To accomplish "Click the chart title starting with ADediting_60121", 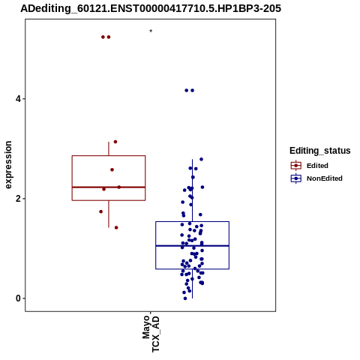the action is click(151, 8).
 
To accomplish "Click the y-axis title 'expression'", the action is click(8, 165).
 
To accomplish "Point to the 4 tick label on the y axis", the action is click(18, 99).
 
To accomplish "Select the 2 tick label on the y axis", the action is click(18, 199).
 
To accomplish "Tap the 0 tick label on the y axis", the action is click(18, 298).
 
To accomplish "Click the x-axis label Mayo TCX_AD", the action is click(151, 334).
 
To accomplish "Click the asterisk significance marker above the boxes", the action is click(151, 31).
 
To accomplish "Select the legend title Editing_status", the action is click(320, 151).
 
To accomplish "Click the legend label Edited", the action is click(317, 166).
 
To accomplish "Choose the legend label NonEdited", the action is click(325, 178).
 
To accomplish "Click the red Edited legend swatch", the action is click(296, 166).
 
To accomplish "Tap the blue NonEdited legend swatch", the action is click(296, 178).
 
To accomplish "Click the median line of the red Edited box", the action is click(109, 187).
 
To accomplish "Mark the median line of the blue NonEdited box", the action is click(192, 246).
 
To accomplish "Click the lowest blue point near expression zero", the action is click(185, 298).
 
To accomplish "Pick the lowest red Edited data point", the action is click(116, 227).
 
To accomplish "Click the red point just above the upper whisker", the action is click(115, 142).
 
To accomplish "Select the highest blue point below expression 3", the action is click(201, 159).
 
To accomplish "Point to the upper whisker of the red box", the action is click(109, 149).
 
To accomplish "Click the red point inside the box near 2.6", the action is click(112, 169).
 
